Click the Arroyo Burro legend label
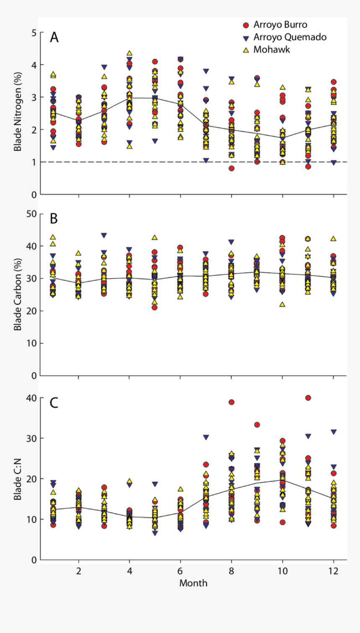280,25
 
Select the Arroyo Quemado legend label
290,37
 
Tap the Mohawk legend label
272,49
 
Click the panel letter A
54,38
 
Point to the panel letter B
54,219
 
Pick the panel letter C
54,403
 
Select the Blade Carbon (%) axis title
18,295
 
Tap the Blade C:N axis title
18,479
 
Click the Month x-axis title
193,583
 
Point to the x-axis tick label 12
334,571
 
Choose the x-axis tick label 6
180,571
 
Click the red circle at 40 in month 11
308,398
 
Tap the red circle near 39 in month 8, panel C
231,402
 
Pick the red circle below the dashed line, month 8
231,168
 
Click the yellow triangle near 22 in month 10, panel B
283,305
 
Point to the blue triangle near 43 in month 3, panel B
104,235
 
